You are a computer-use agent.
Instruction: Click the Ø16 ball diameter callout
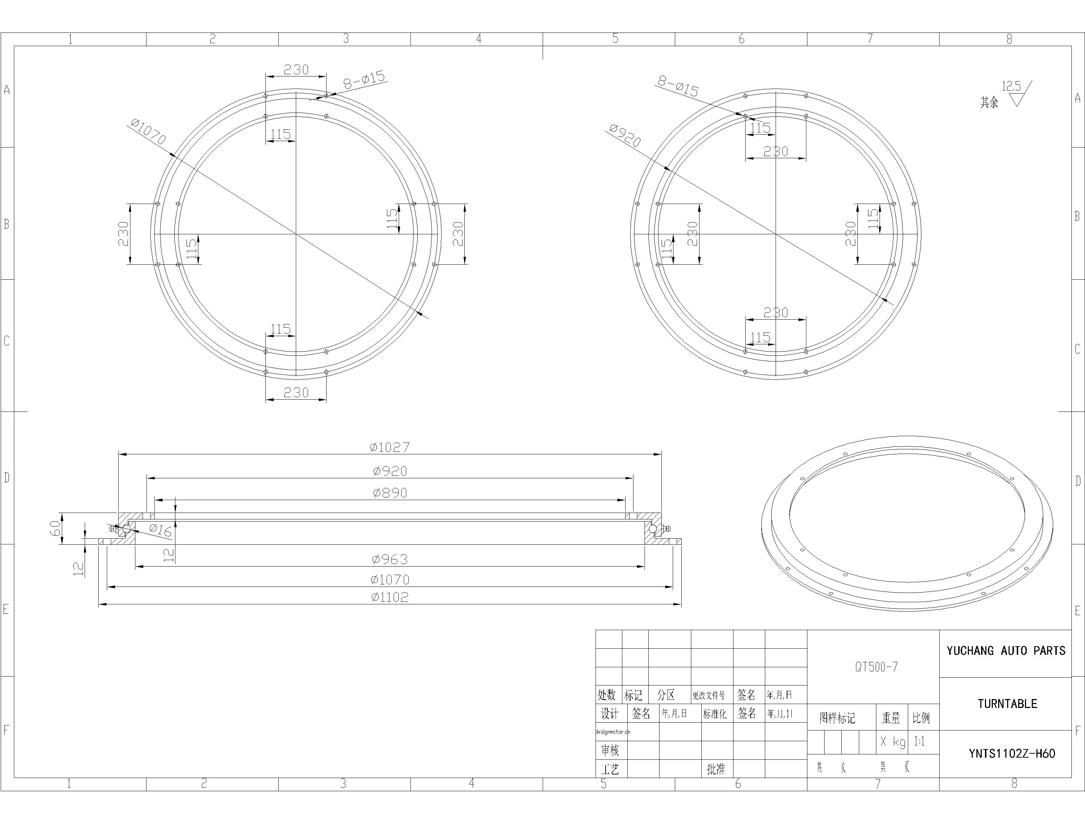(160, 529)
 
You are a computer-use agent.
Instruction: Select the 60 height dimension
(55, 528)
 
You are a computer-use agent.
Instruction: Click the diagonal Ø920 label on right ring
(624, 135)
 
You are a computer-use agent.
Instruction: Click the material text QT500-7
(876, 667)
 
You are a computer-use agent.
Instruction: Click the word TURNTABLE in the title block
(1007, 704)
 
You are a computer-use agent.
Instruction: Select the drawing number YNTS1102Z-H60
(1011, 753)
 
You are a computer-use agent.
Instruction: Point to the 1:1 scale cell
(919, 742)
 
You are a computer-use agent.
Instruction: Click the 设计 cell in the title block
(610, 714)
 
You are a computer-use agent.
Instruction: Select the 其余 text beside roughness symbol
(989, 102)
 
